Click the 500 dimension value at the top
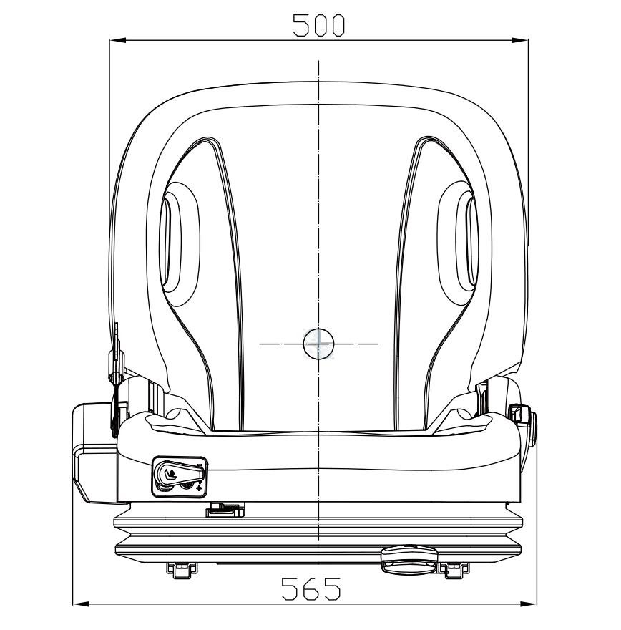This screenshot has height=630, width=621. [x=318, y=25]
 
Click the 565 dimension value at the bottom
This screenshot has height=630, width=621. [x=311, y=588]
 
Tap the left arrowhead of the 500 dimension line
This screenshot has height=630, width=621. [x=117, y=40]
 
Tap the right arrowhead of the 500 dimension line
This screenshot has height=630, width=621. [x=520, y=40]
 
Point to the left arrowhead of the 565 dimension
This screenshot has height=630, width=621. [x=81, y=604]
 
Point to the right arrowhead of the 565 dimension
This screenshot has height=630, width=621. [x=528, y=604]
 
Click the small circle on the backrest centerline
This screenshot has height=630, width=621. [x=318, y=344]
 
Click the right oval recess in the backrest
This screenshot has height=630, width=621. [x=459, y=244]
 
